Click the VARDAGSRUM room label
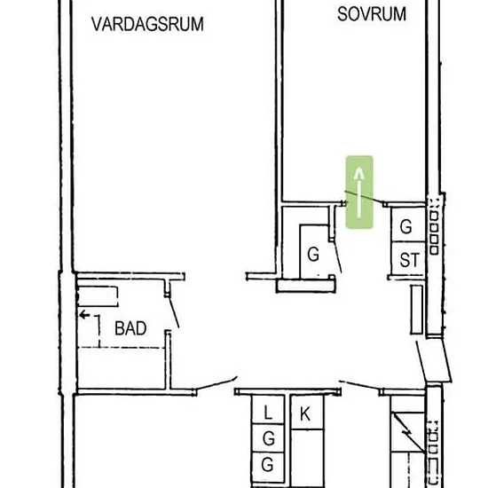coord(147,24)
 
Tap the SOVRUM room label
coord(372,14)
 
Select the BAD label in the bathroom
coord(130,328)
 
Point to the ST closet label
coord(410,260)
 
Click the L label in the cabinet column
coord(268,413)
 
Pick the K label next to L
coord(305,414)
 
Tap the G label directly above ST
coord(406,226)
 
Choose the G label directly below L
coord(269,439)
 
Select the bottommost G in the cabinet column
coord(267,465)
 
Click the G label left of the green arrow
coord(313,255)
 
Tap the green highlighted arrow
coord(359,192)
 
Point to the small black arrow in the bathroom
coord(84,315)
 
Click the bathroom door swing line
coord(174,312)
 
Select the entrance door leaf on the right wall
coord(434,360)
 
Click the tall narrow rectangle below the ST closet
coord(416,310)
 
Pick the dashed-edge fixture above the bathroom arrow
coord(98,296)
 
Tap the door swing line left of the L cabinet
coord(216,382)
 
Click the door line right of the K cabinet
coord(360,385)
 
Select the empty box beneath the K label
coord(308,457)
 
